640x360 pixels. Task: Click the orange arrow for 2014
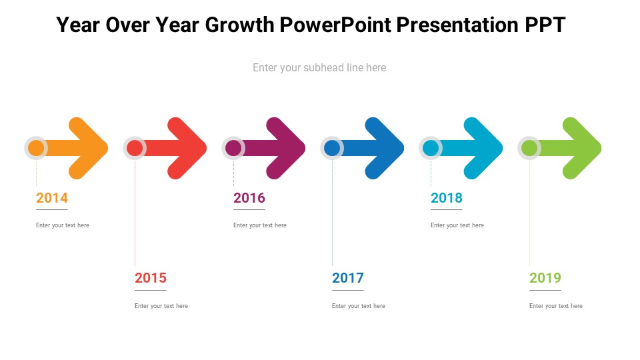click(73, 148)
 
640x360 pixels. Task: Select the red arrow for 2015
click(172, 148)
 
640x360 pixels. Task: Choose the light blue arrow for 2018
click(469, 148)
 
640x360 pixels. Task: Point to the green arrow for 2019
click(567, 148)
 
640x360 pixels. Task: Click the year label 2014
click(52, 198)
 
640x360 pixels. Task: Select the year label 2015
click(151, 278)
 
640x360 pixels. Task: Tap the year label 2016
click(249, 198)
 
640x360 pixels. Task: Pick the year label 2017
click(348, 278)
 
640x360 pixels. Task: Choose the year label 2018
click(447, 198)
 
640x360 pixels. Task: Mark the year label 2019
click(545, 278)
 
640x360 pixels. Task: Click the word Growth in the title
click(239, 25)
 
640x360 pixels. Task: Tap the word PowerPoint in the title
click(335, 25)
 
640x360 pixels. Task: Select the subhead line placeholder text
click(319, 67)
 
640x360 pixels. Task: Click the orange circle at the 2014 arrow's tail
click(36, 148)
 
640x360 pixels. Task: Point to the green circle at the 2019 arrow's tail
click(529, 148)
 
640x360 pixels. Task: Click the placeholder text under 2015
click(161, 306)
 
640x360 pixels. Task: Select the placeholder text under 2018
click(457, 225)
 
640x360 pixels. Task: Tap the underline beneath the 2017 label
click(348, 290)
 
